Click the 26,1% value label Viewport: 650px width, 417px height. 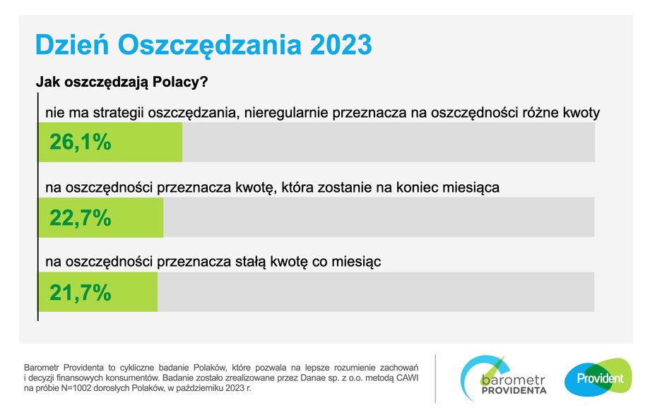click(x=81, y=142)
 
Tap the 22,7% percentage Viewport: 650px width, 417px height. click(x=81, y=217)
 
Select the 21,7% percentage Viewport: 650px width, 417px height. click(x=81, y=292)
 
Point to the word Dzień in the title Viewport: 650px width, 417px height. click(x=72, y=44)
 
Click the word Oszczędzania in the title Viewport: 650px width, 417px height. click(x=209, y=45)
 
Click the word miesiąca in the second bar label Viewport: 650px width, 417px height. click(x=471, y=188)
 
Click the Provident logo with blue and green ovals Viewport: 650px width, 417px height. click(x=598, y=377)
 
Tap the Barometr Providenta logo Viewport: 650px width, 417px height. click(x=503, y=378)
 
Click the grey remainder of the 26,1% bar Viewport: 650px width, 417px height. click(x=389, y=142)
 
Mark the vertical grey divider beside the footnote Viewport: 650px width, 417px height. click(x=435, y=378)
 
